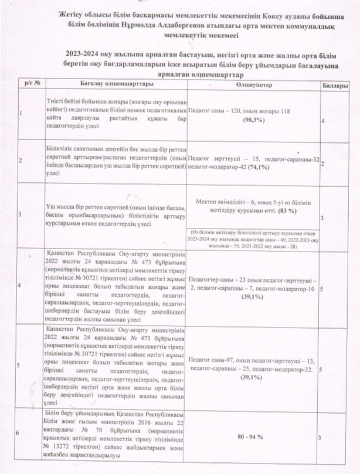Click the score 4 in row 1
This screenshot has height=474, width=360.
coord(324,120)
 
